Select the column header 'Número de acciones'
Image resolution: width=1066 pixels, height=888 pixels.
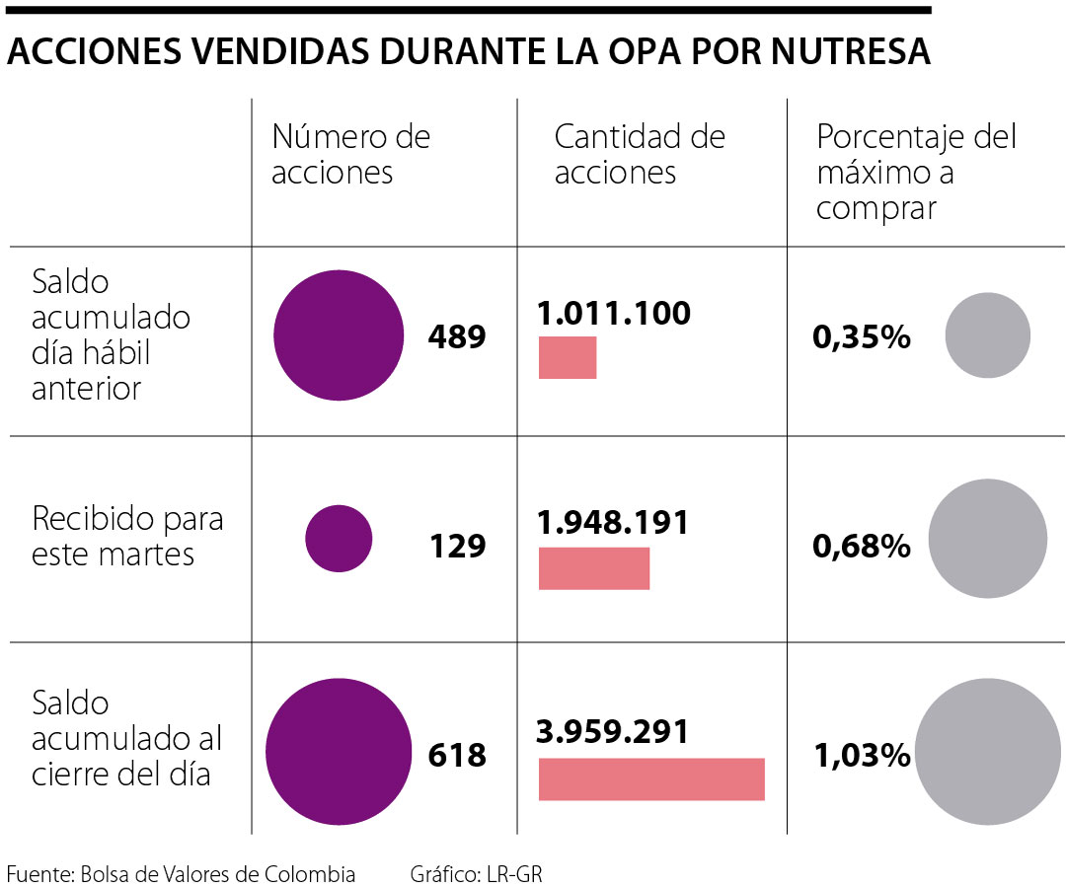click(350, 154)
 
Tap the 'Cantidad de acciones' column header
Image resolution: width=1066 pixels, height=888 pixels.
click(639, 154)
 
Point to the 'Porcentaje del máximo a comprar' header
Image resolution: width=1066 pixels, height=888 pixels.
click(915, 172)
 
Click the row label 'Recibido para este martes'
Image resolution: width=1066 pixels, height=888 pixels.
click(127, 536)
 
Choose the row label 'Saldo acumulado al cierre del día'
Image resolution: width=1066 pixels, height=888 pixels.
click(127, 739)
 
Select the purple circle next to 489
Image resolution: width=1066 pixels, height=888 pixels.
click(339, 335)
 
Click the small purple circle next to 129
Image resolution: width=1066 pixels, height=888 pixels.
click(339, 539)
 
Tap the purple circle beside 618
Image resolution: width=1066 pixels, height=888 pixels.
click(339, 747)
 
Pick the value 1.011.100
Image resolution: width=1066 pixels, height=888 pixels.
click(614, 314)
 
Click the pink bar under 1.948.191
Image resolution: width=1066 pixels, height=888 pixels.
click(594, 568)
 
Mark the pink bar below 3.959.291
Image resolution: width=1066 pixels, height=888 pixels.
click(651, 778)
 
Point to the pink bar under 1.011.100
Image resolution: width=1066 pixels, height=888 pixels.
click(568, 357)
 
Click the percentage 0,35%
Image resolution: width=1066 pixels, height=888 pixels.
click(861, 337)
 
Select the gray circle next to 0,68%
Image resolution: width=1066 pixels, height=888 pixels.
click(987, 539)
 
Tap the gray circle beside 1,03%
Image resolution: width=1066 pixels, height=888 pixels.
click(987, 751)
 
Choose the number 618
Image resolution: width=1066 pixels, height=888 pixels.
click(457, 756)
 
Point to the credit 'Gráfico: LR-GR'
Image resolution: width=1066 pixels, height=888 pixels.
click(477, 874)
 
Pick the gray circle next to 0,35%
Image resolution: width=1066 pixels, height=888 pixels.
click(987, 335)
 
